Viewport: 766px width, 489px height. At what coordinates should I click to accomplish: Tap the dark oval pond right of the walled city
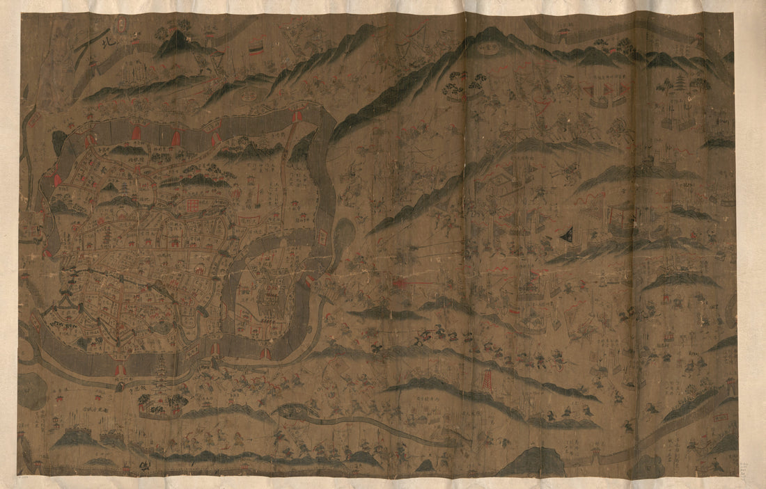(344, 240)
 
